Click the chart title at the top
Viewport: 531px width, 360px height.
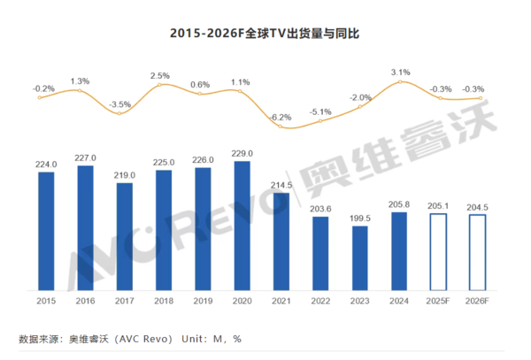265,34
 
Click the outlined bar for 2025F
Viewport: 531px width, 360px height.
440,251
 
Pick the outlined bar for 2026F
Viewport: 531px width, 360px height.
480,252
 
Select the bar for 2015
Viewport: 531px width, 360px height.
46,231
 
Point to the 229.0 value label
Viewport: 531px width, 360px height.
243,153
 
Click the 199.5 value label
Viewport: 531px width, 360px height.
361,218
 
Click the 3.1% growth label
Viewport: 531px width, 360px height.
401,72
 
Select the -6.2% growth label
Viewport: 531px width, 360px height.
282,117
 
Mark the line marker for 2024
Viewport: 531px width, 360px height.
401,83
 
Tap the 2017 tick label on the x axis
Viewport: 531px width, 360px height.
125,301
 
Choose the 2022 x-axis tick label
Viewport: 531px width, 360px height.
322,301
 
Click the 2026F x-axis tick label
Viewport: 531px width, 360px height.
480,301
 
